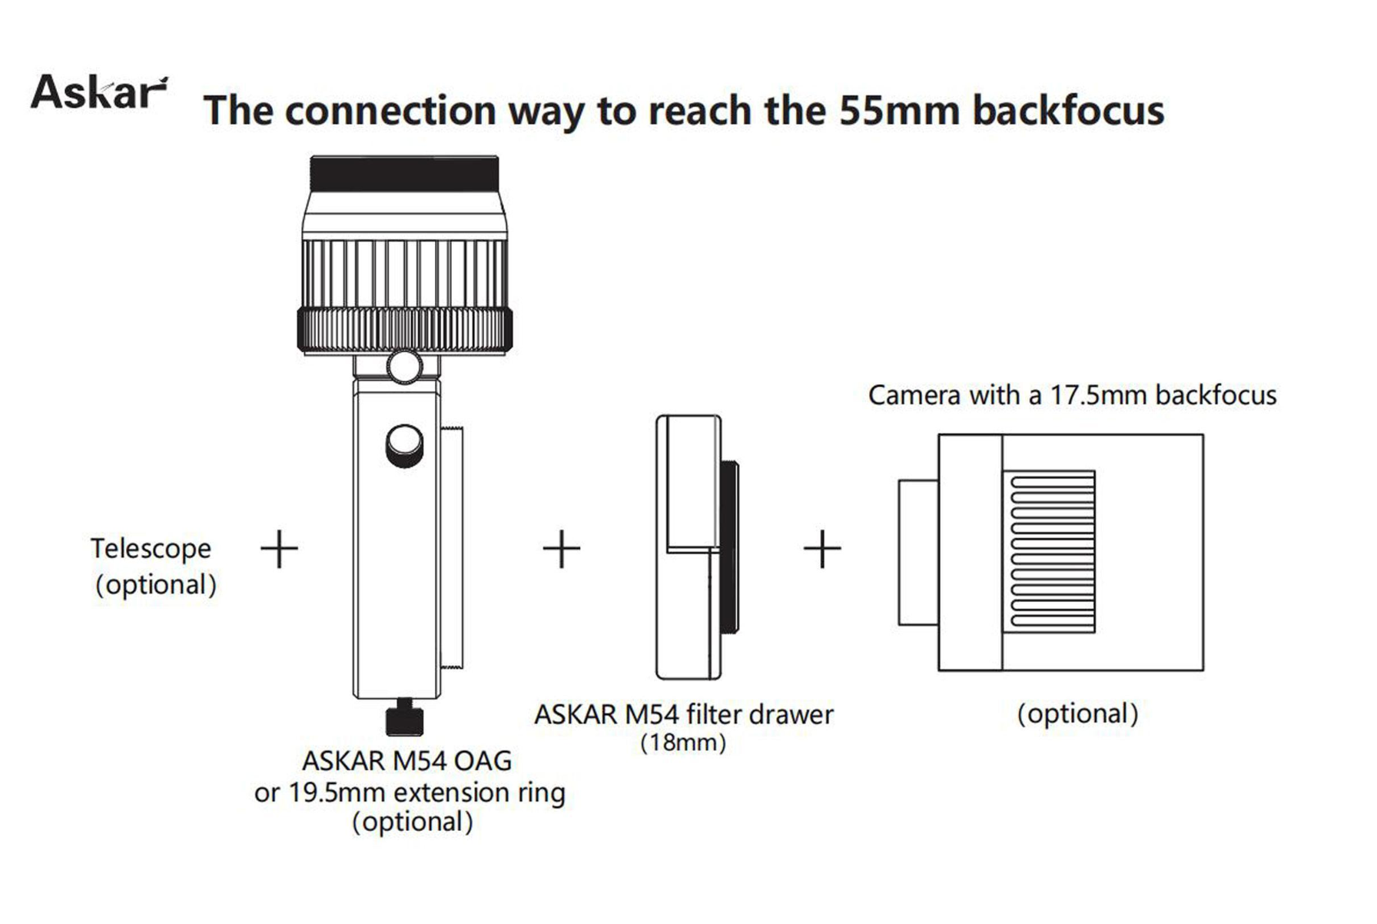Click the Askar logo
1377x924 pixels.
pos(98,92)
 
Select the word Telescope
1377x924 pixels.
pos(151,548)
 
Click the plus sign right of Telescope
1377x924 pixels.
pos(279,549)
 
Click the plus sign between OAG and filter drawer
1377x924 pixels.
pos(562,549)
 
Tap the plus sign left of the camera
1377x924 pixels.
pos(822,549)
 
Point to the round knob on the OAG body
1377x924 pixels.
pos(404,444)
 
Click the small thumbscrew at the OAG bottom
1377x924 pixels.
pos(404,720)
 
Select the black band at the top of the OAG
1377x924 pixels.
pos(404,174)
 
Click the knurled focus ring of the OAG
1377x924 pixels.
pos(404,330)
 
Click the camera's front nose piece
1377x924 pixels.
pos(917,552)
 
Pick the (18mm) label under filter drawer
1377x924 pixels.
pos(683,743)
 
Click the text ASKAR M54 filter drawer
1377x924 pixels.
pos(683,714)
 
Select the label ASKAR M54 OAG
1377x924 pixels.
pos(406,760)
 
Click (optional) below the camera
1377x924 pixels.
pos(1077,713)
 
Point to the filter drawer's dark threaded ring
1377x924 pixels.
pos(729,547)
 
